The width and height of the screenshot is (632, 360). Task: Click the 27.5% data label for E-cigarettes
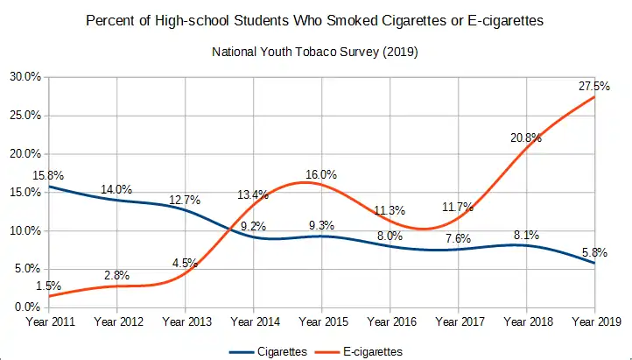point(594,86)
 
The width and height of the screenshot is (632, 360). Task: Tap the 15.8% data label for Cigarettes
point(49,175)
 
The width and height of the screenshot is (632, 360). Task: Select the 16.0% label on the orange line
point(321,174)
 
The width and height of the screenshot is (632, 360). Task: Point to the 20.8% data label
point(526,138)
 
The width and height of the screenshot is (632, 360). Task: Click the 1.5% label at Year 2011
point(49,286)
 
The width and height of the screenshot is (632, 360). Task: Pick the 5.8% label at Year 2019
point(594,252)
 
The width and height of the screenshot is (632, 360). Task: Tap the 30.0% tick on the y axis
point(26,77)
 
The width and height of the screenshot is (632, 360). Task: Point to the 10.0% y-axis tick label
point(26,231)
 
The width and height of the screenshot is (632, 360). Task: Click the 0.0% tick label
point(28,307)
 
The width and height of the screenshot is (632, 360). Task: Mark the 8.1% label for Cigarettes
point(526,235)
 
